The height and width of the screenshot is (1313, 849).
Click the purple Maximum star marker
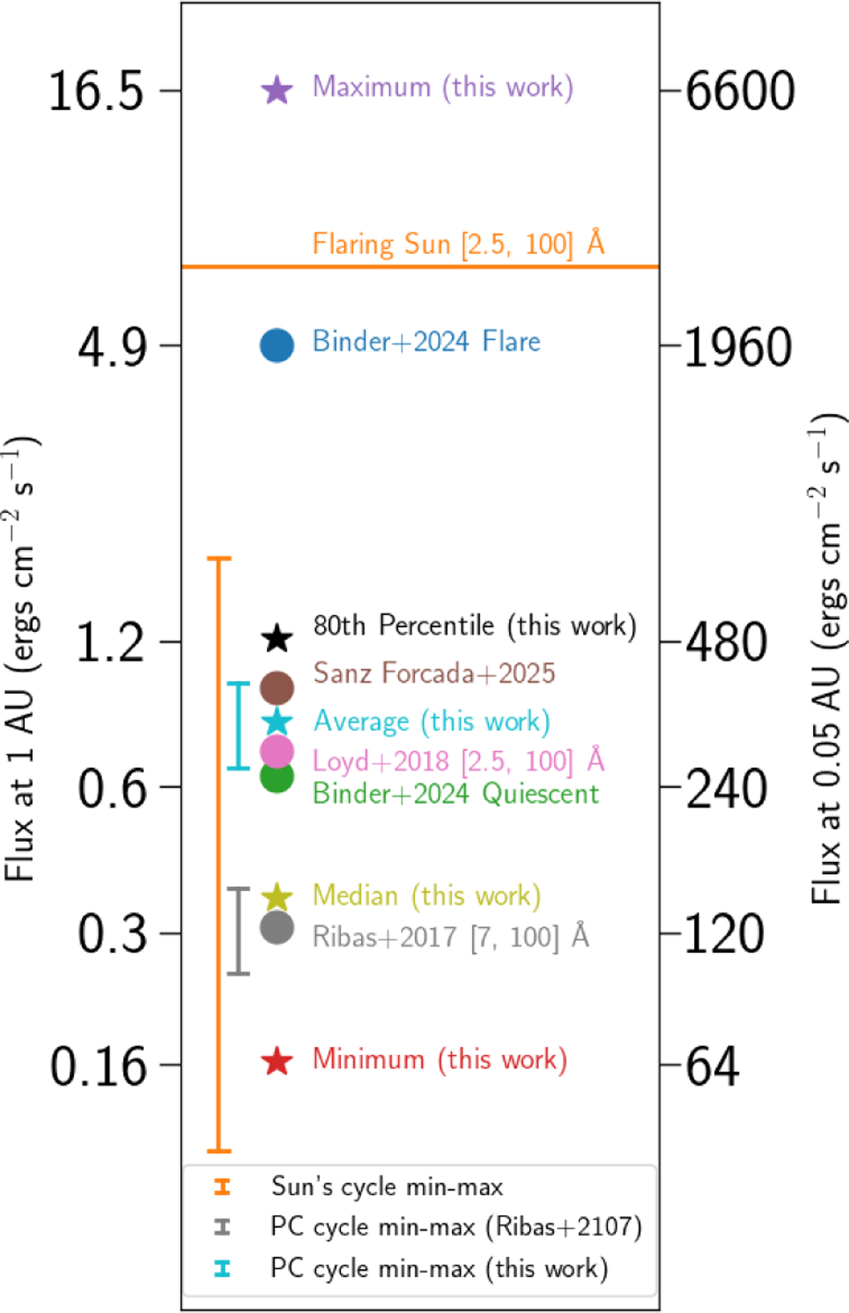click(x=277, y=90)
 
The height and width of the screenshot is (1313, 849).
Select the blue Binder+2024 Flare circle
click(x=277, y=345)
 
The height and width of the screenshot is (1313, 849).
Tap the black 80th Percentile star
click(x=277, y=638)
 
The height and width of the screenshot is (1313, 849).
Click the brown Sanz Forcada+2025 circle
click(x=277, y=687)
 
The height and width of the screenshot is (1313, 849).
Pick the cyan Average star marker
click(x=277, y=721)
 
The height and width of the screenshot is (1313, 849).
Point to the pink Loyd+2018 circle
click(x=277, y=751)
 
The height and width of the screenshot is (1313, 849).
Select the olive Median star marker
click(x=277, y=897)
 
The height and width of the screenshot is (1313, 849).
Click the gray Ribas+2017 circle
click(x=277, y=927)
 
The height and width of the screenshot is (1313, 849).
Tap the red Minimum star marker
click(x=277, y=1061)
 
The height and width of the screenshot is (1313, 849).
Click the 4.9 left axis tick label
click(x=112, y=348)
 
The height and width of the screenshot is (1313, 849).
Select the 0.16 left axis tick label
click(x=98, y=1066)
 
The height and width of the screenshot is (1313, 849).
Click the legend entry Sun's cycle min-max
click(x=386, y=1186)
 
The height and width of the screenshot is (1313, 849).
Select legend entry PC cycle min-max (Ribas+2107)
click(x=456, y=1227)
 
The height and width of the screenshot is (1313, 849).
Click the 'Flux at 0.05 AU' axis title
click(x=826, y=658)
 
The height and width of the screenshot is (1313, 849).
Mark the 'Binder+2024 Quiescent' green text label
click(x=456, y=793)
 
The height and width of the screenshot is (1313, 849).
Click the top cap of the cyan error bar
click(x=238, y=684)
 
